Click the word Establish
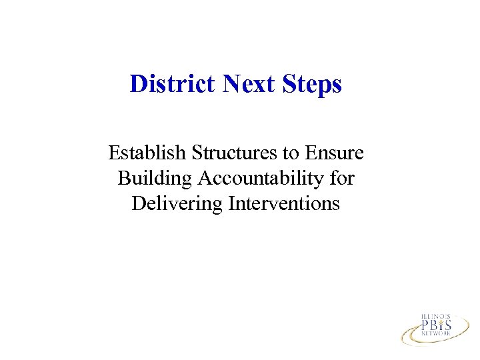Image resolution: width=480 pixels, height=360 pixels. [x=147, y=153]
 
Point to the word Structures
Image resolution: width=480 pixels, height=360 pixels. [x=235, y=153]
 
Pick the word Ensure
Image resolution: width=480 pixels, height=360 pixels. [x=333, y=153]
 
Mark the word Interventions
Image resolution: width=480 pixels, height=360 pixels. [x=284, y=203]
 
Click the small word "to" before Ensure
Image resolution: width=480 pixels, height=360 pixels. [x=290, y=154]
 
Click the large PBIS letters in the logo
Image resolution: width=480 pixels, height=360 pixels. [x=436, y=325]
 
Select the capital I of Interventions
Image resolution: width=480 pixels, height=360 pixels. [x=231, y=203]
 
